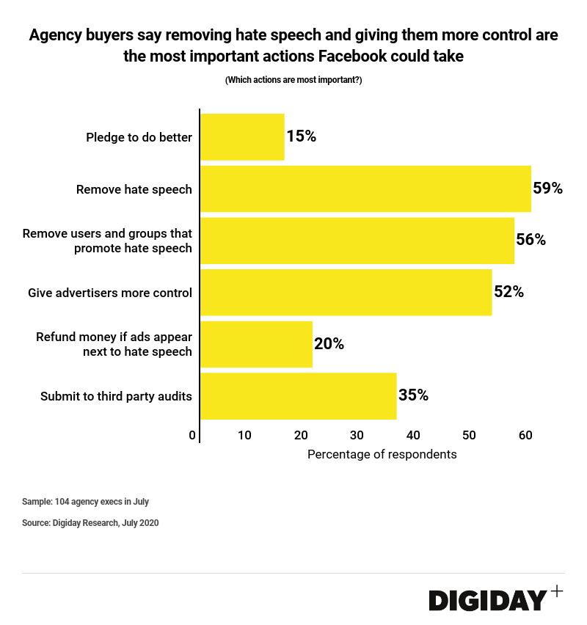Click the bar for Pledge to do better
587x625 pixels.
pos(242,136)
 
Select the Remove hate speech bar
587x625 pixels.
pos(365,189)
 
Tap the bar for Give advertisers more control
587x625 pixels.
pos(346,292)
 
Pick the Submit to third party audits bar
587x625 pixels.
pos(298,396)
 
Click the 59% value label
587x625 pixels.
pos(547,189)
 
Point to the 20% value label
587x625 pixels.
pos(329,344)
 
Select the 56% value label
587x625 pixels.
pos(531,240)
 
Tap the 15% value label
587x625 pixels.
pos(301,136)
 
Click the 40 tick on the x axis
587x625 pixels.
pos(413,435)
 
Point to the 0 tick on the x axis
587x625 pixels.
pos(192,435)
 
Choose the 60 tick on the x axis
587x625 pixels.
pos(525,435)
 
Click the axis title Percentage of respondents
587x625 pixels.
pos(382,454)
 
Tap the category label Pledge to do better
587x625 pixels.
pos(139,137)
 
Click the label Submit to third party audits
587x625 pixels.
pos(116,396)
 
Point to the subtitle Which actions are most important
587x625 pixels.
pos(293,80)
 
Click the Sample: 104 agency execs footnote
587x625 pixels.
pos(85,502)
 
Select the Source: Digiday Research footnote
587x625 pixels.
pos(90,523)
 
